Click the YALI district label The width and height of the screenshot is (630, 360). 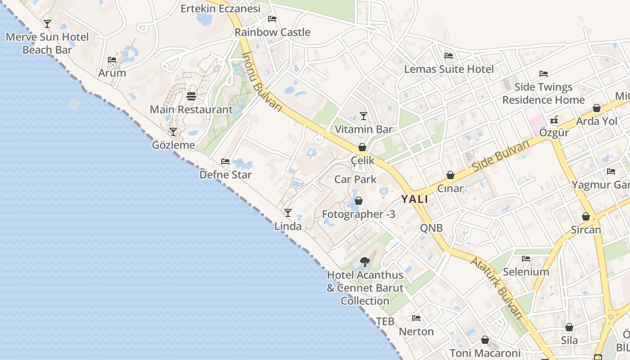click(414, 199)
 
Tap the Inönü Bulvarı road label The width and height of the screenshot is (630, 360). click(261, 82)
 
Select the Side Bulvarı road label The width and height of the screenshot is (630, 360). click(501, 156)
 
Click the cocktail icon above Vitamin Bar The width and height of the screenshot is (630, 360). click(364, 116)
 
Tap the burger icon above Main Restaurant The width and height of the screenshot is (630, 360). click(191, 96)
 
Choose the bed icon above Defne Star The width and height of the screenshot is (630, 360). click(225, 162)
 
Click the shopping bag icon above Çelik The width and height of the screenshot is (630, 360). click(362, 147)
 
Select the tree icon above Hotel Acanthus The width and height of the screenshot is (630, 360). click(365, 261)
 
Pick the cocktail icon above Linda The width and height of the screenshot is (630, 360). click(288, 213)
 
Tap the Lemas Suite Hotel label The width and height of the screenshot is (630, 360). click(449, 69)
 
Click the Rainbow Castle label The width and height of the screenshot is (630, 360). click(272, 32)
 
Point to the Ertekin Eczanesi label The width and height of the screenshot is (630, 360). click(220, 9)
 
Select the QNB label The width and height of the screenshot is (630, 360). click(432, 228)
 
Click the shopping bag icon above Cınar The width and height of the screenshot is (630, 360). click(450, 175)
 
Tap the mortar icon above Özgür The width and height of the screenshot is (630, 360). click(554, 120)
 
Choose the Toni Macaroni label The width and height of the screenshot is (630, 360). click(485, 353)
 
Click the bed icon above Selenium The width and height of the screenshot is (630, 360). click(526, 259)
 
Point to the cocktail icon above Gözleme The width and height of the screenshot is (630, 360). click(173, 132)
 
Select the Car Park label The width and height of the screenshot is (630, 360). click(355, 180)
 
